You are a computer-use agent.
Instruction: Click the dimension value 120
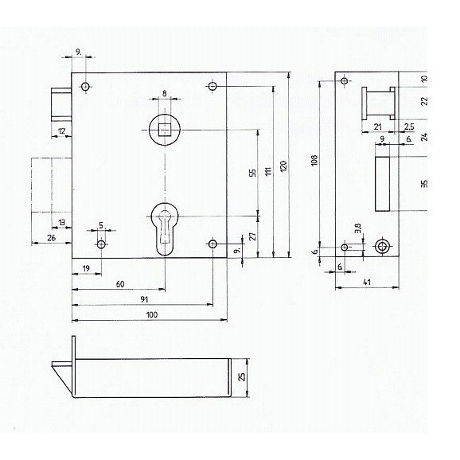pos(283,166)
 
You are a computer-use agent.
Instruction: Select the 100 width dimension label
pos(152,315)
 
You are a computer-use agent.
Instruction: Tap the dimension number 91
pos(144,299)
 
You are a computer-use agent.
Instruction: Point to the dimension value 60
pos(120,284)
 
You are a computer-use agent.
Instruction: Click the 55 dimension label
pos(252,173)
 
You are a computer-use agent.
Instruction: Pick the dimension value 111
pos(268,171)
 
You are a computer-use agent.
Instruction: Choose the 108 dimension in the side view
pos(314,160)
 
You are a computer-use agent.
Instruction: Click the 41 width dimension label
pos(367,282)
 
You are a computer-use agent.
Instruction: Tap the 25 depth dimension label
pos(242,376)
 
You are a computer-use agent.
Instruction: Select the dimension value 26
pos(52,238)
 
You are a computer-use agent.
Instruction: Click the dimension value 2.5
pos(409,127)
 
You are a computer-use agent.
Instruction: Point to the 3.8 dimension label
pos(357,228)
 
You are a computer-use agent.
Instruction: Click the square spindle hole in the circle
pos(165,130)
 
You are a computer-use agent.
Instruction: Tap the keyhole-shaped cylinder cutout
pos(165,229)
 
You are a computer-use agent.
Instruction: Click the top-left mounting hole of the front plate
pos(85,87)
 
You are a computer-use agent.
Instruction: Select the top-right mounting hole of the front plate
pos(212,86)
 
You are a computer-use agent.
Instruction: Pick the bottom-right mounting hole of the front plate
pos(212,244)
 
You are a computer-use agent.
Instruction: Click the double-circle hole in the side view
pos(383,247)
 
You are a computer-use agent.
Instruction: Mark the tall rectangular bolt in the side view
pos(382,184)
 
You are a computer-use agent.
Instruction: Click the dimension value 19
pos(86,268)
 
